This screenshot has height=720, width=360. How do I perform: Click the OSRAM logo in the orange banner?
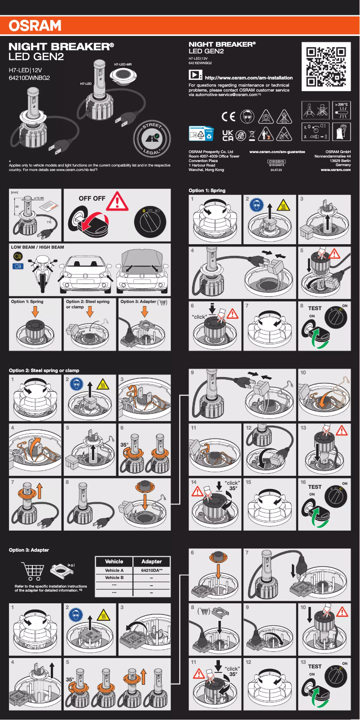(x=35, y=26)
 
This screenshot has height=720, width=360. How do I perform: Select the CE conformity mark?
(x=228, y=117)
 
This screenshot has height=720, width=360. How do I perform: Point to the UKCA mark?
(x=228, y=136)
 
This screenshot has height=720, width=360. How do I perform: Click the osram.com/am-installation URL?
(x=248, y=78)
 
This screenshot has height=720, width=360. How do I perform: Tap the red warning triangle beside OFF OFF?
(x=117, y=202)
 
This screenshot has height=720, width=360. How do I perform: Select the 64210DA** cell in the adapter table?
(x=152, y=571)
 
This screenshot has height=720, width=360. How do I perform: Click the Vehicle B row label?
(x=114, y=578)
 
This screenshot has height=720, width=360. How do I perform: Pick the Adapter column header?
(x=152, y=562)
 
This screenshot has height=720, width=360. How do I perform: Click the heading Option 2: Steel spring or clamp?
(x=44, y=370)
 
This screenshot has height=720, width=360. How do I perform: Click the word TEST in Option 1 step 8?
(x=315, y=308)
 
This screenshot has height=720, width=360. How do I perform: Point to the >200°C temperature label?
(x=341, y=105)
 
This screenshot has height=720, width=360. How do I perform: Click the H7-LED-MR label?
(x=123, y=65)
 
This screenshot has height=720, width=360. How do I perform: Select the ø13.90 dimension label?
(x=39, y=198)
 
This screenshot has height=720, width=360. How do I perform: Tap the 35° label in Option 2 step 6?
(x=124, y=445)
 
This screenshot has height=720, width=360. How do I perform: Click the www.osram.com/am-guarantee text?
(x=277, y=152)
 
